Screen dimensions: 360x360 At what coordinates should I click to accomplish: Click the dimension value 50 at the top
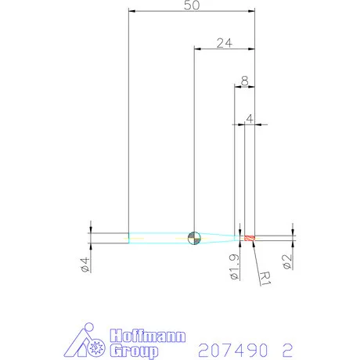[x=192, y=5]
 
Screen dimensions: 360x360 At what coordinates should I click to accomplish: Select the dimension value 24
[x=224, y=43]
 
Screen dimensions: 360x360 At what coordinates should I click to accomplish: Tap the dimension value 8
[x=245, y=80]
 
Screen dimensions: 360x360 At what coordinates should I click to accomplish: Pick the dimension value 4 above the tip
[x=250, y=118]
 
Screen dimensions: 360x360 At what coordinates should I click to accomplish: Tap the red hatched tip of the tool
[x=250, y=237]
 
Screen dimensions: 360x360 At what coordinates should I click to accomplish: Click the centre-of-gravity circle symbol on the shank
[x=195, y=237]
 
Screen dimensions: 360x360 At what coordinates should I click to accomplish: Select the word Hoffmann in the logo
[x=149, y=336]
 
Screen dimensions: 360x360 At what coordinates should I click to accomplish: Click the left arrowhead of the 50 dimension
[x=131, y=12]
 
